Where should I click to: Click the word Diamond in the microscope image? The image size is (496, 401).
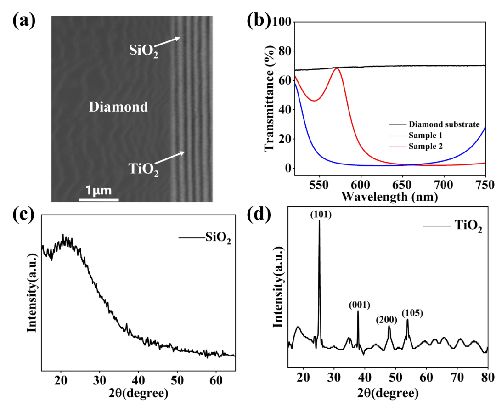pyautogui.click(x=118, y=107)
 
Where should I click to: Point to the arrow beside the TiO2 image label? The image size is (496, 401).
pyautogui.click(x=170, y=158)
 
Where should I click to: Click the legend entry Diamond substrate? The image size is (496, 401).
pyautogui.click(x=444, y=124)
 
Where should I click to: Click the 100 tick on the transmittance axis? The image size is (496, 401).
pyautogui.click(x=282, y=22)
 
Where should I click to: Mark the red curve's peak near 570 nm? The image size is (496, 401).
pyautogui.click(x=337, y=68)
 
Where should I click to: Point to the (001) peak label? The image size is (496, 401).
pyautogui.click(x=359, y=305)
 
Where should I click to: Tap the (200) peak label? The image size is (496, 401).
pyautogui.click(x=387, y=320)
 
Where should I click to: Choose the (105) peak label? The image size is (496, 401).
pyautogui.click(x=412, y=313)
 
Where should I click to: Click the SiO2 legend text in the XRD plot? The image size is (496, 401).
pyautogui.click(x=218, y=238)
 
